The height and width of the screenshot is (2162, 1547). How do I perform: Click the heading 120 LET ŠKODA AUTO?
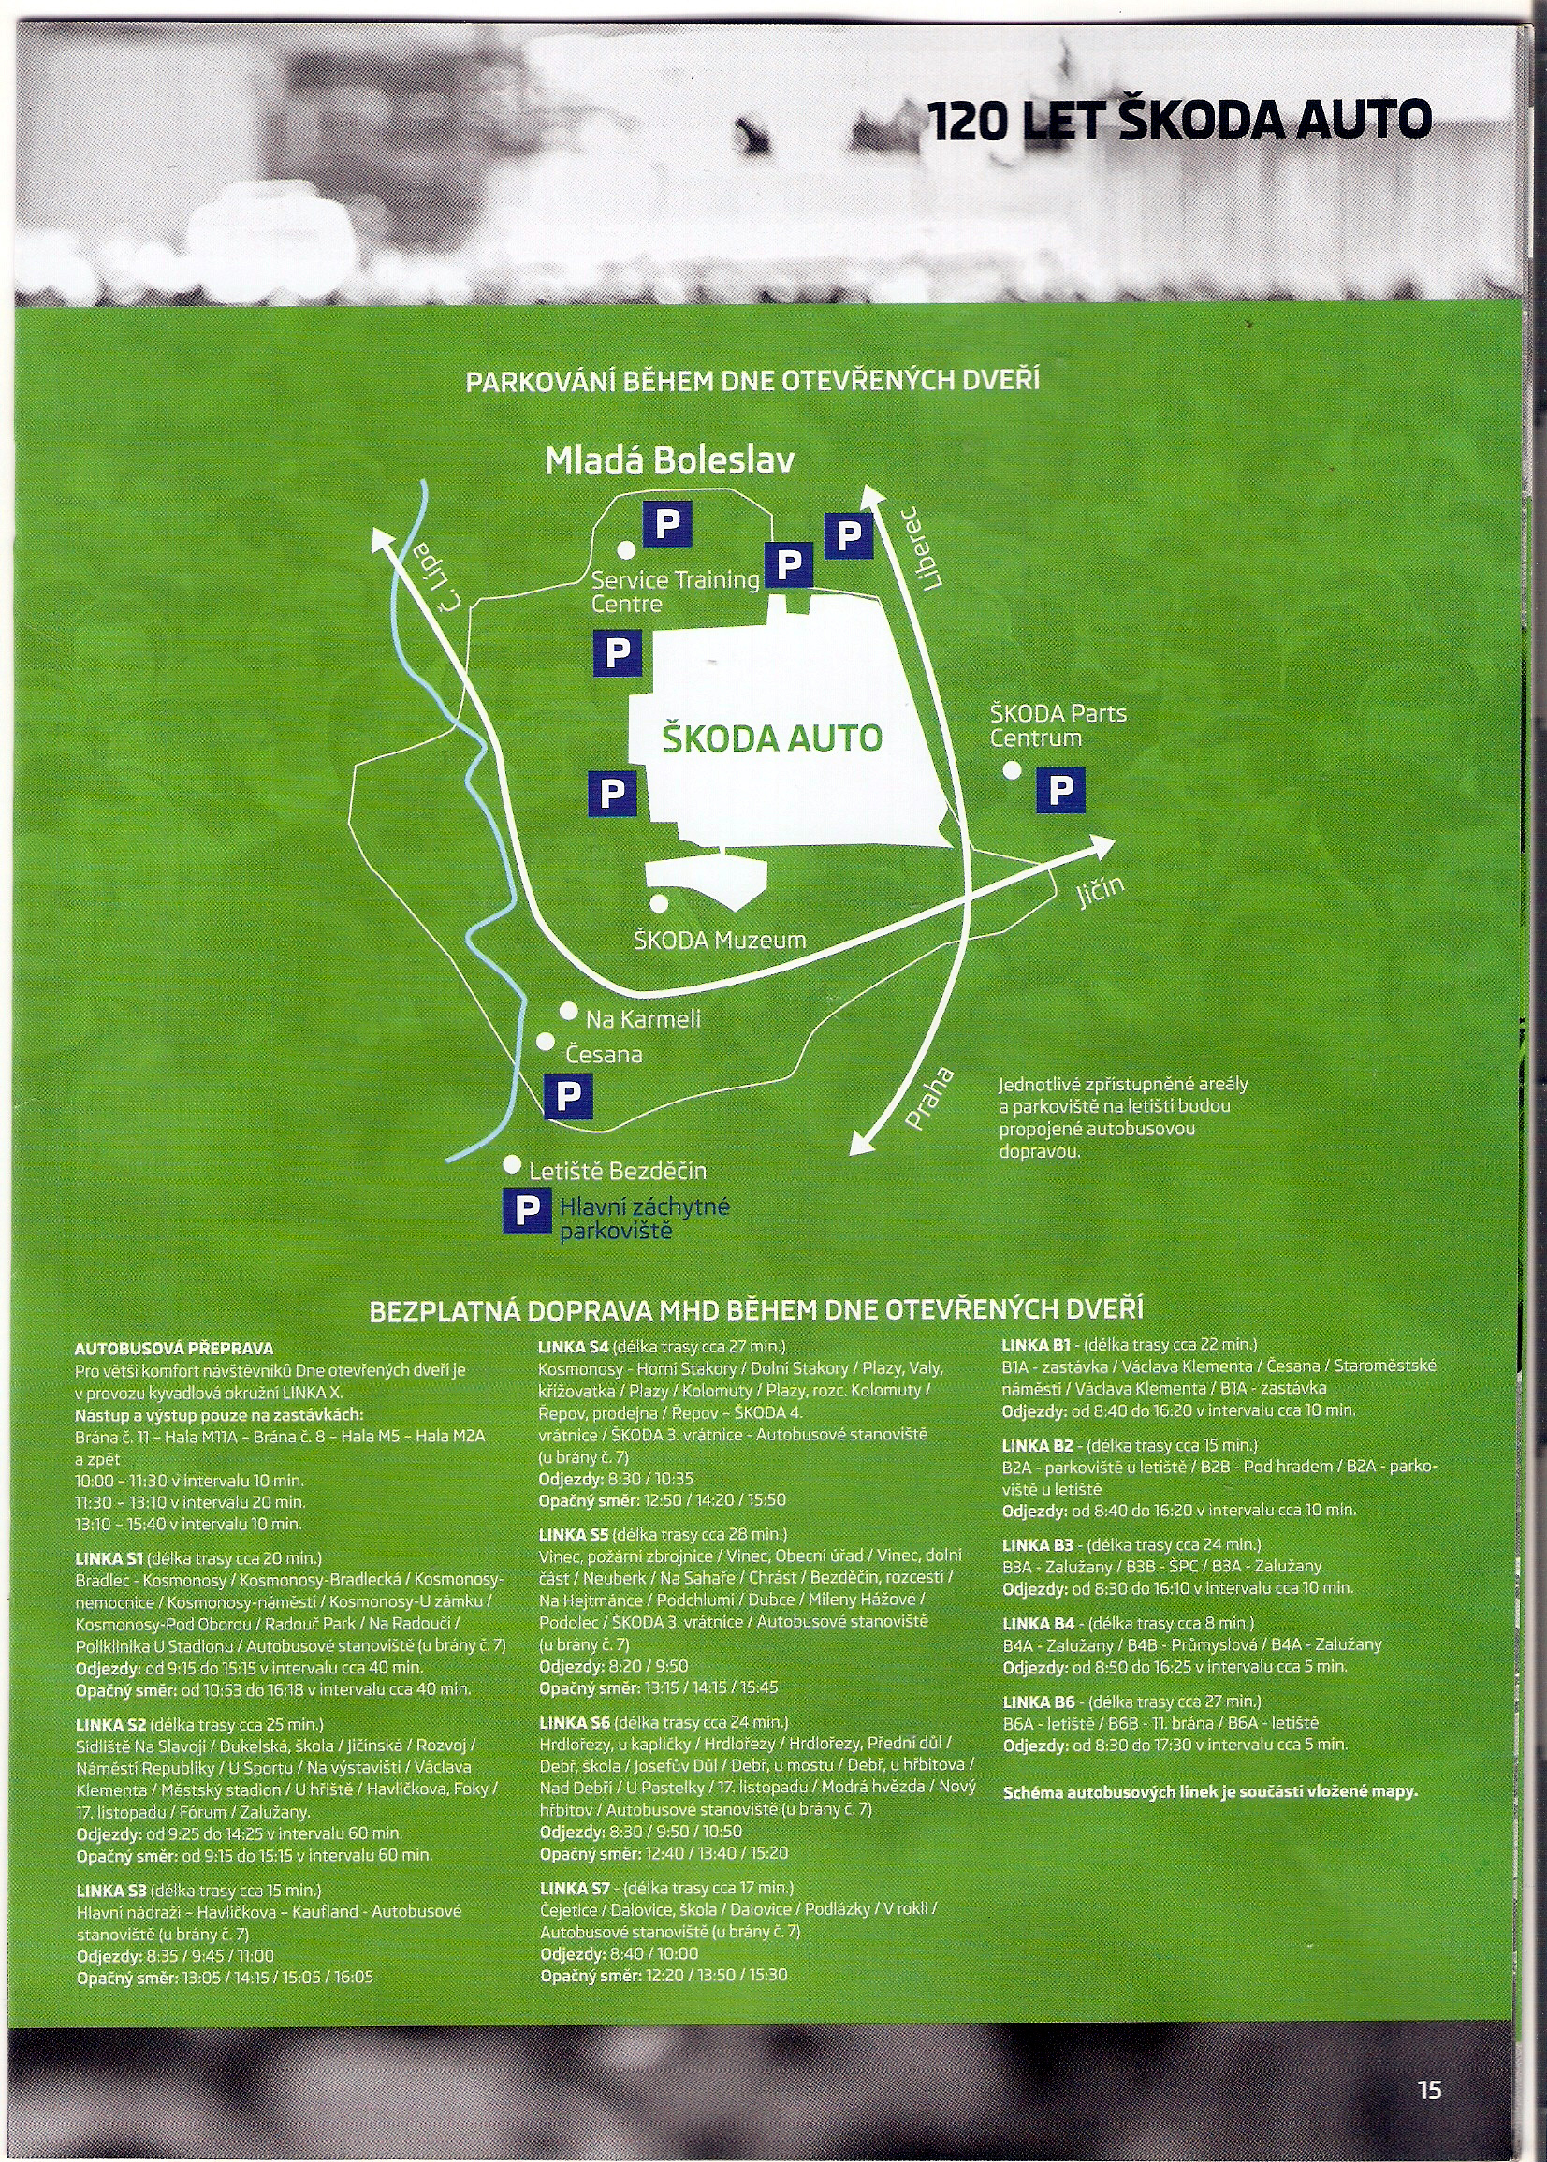click(x=1178, y=120)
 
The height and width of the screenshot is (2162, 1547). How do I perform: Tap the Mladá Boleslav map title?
click(x=669, y=461)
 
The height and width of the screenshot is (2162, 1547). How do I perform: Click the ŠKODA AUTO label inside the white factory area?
click(x=771, y=738)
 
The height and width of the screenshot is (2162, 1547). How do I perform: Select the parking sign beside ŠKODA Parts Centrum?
click(x=1060, y=791)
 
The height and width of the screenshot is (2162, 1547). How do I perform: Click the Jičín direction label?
click(x=1102, y=894)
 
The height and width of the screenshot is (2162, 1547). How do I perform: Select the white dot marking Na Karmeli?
click(x=569, y=1011)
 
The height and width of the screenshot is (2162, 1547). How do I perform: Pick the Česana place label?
click(x=604, y=1055)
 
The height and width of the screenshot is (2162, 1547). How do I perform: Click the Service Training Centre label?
click(x=676, y=592)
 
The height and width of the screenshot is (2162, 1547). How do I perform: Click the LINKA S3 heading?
click(x=110, y=1891)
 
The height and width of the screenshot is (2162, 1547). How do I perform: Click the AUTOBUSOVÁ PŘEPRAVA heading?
click(x=174, y=1349)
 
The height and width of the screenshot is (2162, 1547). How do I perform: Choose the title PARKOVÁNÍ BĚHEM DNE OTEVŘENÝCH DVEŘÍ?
click(x=752, y=382)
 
